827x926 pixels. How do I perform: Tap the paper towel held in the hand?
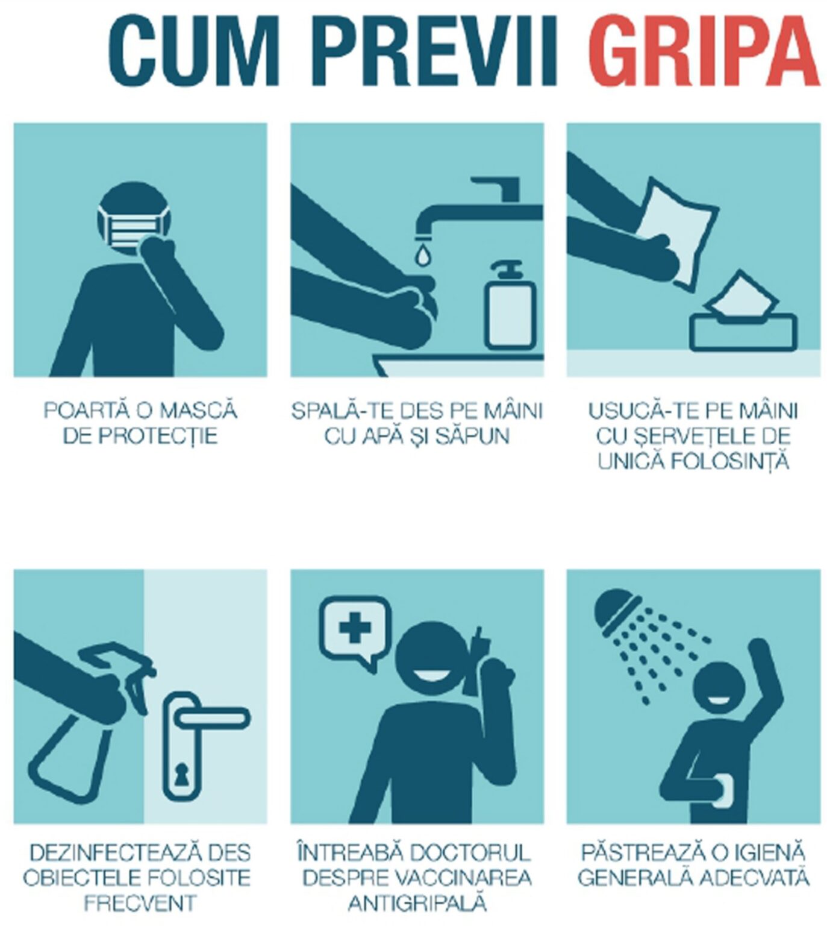pos(678,229)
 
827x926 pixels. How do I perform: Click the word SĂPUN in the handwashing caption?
pos(476,436)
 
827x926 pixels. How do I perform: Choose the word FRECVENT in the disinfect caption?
pos(140,903)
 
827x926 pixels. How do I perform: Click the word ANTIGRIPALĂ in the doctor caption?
pos(417,903)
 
